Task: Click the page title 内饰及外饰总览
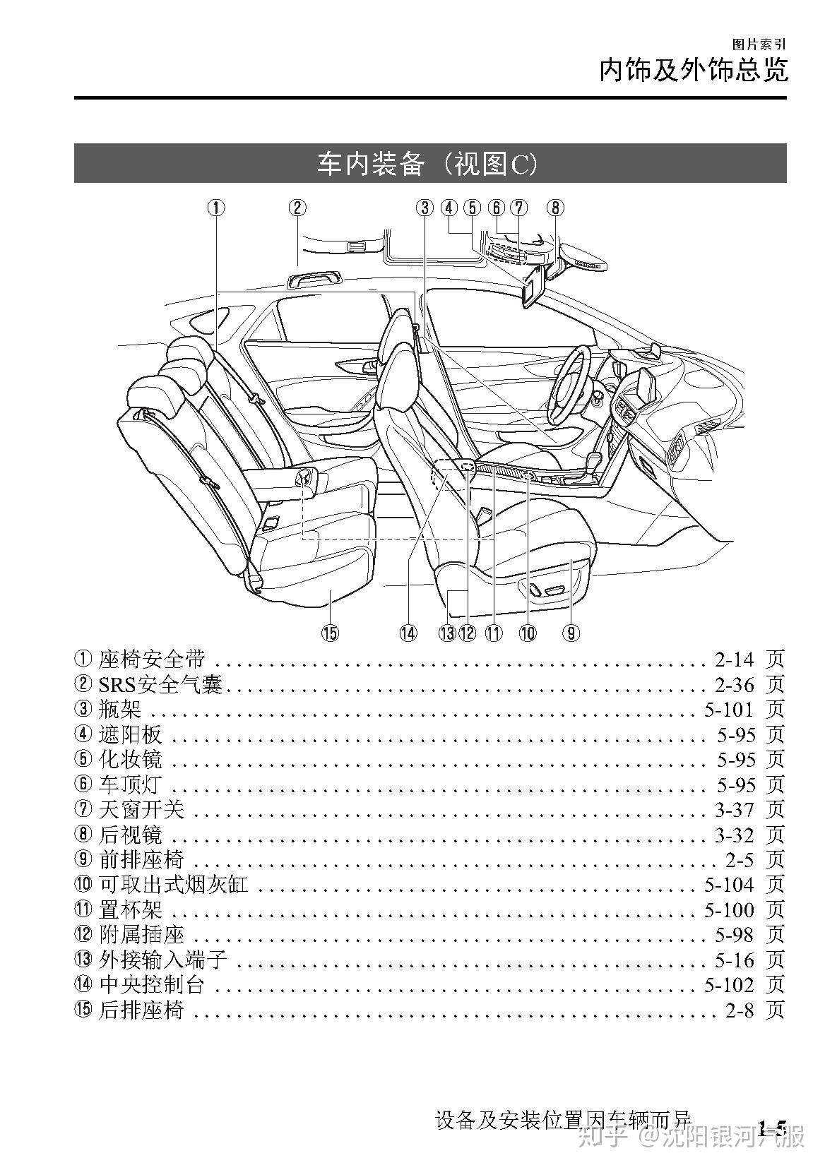[692, 71]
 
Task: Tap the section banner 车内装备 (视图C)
[429, 164]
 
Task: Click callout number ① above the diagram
[215, 208]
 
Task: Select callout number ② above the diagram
[297, 208]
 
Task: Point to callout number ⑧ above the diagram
[555, 208]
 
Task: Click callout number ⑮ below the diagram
[330, 633]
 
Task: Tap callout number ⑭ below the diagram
[408, 633]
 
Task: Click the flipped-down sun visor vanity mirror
[532, 288]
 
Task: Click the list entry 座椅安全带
[152, 659]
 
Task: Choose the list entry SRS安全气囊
[160, 684]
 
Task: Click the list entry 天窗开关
[141, 809]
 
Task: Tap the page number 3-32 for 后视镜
[735, 835]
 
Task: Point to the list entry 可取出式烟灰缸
[174, 884]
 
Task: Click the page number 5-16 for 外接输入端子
[735, 960]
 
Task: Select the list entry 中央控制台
[152, 984]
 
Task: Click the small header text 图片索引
[759, 44]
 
